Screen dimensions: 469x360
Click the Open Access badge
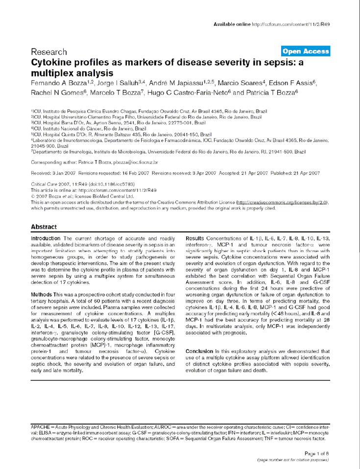(x=306, y=51)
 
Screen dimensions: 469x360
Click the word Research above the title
(x=49, y=52)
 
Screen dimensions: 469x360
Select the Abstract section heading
(x=44, y=227)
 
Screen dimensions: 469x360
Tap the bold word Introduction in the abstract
(x=46, y=238)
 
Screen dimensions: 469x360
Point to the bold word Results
(x=196, y=238)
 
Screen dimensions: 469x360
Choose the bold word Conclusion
(x=199, y=352)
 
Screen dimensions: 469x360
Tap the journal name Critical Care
(x=43, y=184)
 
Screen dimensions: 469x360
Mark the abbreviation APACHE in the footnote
(x=41, y=427)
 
